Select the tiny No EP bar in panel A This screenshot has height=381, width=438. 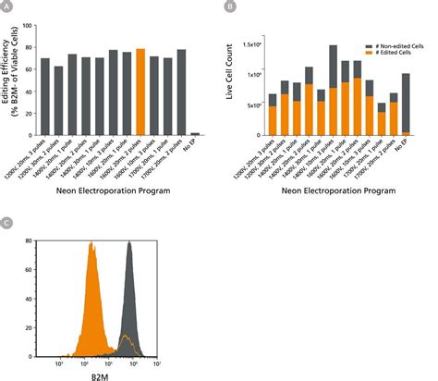195,135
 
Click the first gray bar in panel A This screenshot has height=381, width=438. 44,98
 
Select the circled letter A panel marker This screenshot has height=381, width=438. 8,6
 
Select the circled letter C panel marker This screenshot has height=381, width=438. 8,223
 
